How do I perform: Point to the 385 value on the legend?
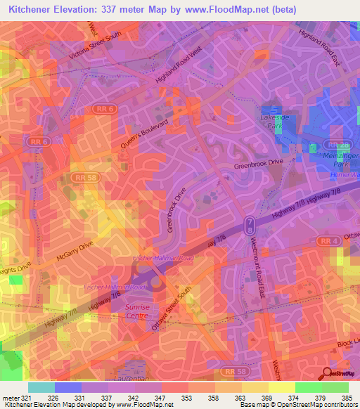(x=347, y=397)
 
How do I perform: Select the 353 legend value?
(x=187, y=397)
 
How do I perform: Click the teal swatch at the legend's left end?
(x=41, y=387)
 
